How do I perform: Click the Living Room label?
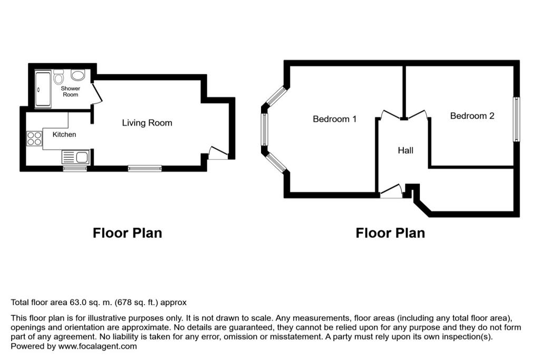point(147,123)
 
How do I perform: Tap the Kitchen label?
point(64,134)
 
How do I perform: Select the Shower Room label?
point(70,92)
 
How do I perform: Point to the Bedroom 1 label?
point(334,119)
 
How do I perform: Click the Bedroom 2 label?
point(472,115)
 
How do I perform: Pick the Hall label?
point(406,150)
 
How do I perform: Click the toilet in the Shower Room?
point(58,77)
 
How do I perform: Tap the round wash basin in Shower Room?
point(78,75)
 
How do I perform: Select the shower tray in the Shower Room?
point(43,89)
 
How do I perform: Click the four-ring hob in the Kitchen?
point(34,138)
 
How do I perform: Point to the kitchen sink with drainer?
point(75,157)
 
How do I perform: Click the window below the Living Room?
point(144,168)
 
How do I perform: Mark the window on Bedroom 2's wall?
point(516,120)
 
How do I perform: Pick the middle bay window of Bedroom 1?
point(264,130)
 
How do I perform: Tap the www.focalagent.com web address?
point(98,346)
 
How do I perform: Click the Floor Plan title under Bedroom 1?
point(390,233)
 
